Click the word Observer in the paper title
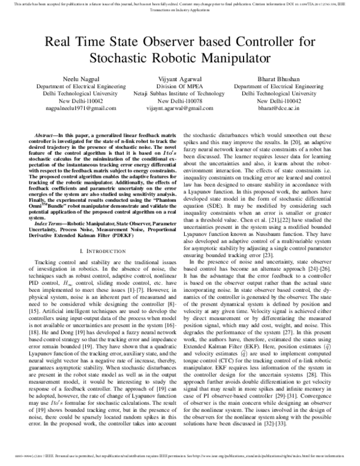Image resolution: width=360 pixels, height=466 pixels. click(x=159, y=42)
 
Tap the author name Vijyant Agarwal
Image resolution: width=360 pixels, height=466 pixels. click(x=178, y=79)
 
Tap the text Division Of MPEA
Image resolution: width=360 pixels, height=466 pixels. click(x=178, y=86)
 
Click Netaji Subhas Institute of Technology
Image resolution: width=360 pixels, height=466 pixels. click(x=178, y=94)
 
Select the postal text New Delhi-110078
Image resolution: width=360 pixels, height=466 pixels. click(x=178, y=101)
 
